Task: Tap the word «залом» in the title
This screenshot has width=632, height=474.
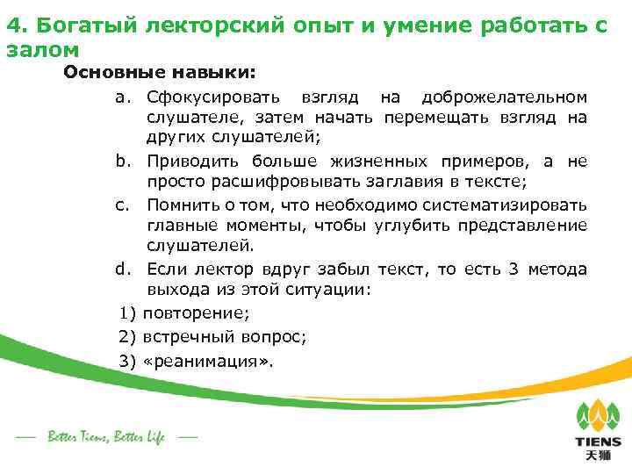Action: point(42,50)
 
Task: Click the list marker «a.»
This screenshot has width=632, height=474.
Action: point(123,96)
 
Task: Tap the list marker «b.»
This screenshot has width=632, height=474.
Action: point(123,162)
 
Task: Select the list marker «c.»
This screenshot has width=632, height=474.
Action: point(122,205)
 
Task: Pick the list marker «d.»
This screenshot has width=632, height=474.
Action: point(123,269)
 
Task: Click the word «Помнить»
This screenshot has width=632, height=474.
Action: point(181,205)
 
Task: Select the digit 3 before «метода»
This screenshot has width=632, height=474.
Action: point(513,269)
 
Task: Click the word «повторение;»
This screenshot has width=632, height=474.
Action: point(196,313)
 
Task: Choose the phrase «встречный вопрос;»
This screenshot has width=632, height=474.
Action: point(225,335)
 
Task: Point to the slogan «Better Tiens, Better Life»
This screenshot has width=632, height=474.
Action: point(105,436)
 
